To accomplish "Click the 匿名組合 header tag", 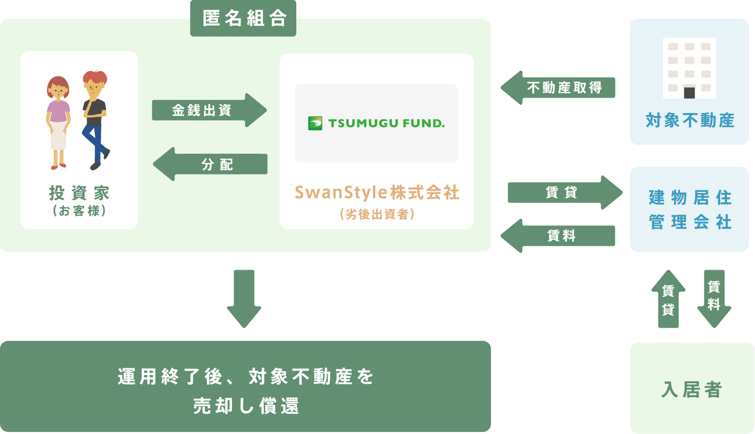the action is tap(243, 18).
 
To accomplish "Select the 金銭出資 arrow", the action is tap(209, 110).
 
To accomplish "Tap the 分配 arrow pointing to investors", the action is tap(210, 164).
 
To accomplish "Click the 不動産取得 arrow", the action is tap(558, 87).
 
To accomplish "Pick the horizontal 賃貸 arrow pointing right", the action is tap(565, 192).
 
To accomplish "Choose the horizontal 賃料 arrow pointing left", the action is tap(558, 235).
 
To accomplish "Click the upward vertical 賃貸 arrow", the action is tap(668, 299).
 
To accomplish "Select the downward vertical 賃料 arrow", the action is tap(714, 299).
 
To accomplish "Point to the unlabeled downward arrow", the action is tap(244, 299).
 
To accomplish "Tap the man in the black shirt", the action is tap(95, 120).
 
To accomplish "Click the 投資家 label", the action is tap(79, 193).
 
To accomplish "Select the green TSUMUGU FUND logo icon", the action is tap(315, 123).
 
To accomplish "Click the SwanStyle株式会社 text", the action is tap(377, 192).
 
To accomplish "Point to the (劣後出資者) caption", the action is tap(377, 214).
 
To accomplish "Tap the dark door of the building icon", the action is tap(689, 93).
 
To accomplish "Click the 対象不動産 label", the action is tap(690, 120).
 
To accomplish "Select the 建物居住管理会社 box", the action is tap(689, 209).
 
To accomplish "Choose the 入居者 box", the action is tap(692, 388).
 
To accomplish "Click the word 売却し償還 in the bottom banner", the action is tap(246, 405).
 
